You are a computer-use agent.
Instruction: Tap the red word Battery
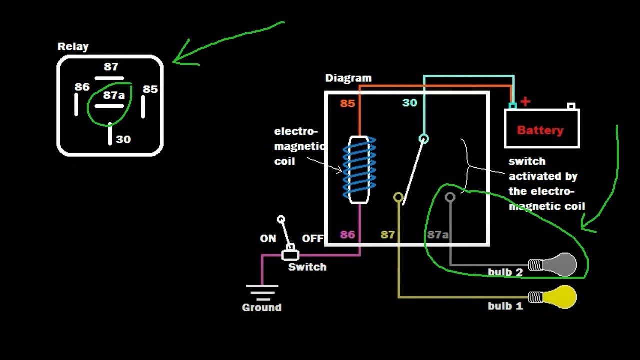[540, 130]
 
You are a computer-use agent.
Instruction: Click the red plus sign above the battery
[525, 102]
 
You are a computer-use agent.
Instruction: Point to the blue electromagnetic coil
[359, 169]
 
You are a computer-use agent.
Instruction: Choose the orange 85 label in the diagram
[348, 104]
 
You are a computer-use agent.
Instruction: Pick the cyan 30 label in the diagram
[410, 103]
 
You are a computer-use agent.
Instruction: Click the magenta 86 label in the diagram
[348, 234]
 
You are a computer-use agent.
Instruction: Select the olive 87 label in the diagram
[388, 234]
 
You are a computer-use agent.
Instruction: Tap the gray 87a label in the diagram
[438, 234]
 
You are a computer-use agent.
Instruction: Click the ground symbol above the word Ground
[262, 292]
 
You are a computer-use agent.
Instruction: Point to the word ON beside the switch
[268, 239]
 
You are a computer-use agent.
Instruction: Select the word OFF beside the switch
[313, 239]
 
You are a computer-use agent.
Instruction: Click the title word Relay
[73, 47]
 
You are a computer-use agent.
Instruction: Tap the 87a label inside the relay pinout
[114, 95]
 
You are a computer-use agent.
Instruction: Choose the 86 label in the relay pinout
[82, 87]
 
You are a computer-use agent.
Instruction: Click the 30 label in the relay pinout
[123, 139]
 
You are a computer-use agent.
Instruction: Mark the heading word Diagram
[348, 78]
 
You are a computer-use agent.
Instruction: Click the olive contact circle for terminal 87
[398, 197]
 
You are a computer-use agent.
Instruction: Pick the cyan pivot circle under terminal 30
[424, 139]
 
